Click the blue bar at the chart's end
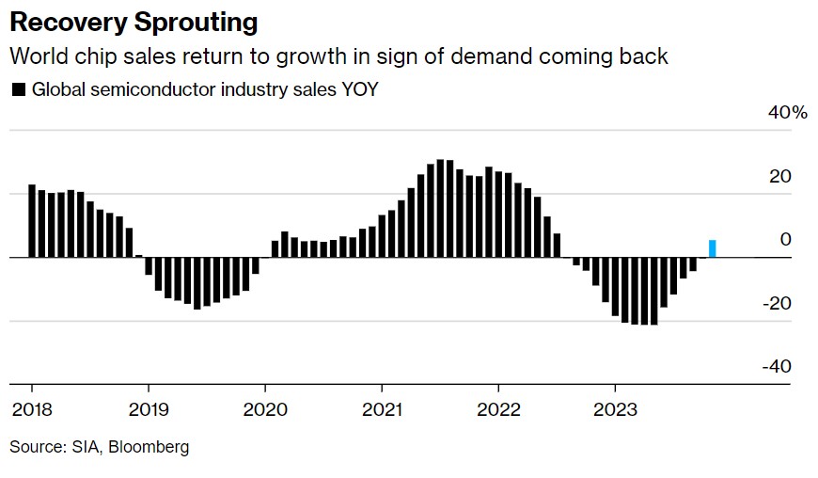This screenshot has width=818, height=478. point(713,248)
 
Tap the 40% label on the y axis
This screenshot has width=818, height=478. point(788,113)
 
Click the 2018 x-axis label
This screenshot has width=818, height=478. point(32,411)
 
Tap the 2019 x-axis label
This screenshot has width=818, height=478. point(149,411)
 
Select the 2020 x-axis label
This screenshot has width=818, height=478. point(265,411)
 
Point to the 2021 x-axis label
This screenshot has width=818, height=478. point(382,411)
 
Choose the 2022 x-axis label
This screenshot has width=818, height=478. point(498,411)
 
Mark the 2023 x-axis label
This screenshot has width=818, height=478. point(615,411)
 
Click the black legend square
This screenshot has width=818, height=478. point(18,90)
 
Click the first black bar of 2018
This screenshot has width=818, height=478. point(32,220)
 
